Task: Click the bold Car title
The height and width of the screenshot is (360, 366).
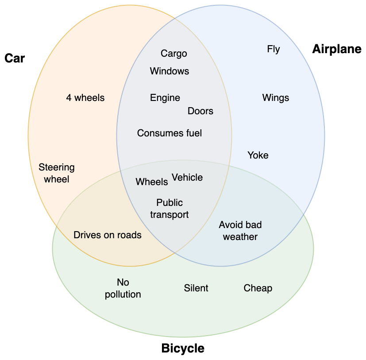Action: (15, 58)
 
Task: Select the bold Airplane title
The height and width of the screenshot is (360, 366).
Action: (337, 49)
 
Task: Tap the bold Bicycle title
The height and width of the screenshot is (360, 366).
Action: (183, 348)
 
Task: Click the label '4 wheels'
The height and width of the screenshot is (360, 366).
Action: (85, 98)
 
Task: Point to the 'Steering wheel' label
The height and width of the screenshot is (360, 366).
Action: (57, 173)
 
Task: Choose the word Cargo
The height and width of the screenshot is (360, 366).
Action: (174, 54)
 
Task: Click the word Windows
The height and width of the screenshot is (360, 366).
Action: (170, 71)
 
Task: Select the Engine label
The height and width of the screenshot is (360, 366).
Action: (165, 98)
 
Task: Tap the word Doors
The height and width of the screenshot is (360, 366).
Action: (200, 111)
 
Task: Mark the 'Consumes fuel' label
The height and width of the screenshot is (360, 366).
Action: (170, 133)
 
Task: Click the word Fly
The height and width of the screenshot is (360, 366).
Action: (274, 49)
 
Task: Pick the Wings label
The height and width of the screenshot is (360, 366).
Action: (276, 98)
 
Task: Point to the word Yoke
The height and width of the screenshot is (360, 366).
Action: (258, 155)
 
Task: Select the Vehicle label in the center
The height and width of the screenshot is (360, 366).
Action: (187, 178)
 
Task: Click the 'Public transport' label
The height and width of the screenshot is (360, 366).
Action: (170, 209)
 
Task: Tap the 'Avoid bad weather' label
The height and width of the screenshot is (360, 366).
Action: (240, 231)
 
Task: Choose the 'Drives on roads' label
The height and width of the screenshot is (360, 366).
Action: (108, 235)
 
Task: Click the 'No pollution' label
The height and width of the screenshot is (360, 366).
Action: (123, 288)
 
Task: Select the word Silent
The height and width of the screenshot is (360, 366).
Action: (196, 288)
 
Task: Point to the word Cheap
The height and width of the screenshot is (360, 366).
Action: (258, 288)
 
